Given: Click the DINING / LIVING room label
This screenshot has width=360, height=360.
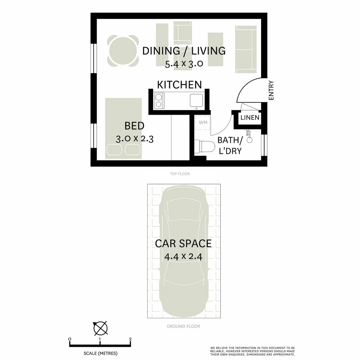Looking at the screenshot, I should tap(184, 51).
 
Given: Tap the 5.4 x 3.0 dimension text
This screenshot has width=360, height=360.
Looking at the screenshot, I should tap(184, 64).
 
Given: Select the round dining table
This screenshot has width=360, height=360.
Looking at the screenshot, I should tap(123, 51).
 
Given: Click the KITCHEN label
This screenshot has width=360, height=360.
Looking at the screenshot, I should tap(179, 85).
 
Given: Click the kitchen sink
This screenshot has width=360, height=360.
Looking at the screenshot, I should tap(196, 100).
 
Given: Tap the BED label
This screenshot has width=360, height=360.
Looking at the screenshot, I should tap(134, 126).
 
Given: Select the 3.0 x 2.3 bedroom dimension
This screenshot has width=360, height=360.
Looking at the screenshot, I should tap(134, 139).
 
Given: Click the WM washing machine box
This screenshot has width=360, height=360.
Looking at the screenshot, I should tap(203, 123).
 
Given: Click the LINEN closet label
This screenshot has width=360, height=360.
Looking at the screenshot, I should tap(250, 118).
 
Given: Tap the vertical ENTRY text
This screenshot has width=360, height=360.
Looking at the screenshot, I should tap(271, 90).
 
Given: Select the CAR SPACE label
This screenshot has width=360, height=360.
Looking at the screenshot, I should tap(183, 243).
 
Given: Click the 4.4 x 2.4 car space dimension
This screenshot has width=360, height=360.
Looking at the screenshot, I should tap(184, 257).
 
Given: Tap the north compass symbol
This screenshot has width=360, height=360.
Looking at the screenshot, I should tap(100, 328).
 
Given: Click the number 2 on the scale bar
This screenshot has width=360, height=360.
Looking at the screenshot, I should tap(130, 339).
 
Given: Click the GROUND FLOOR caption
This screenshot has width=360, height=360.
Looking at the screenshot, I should tap(183, 326).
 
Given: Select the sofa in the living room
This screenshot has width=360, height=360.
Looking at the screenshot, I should tap(246, 49).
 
